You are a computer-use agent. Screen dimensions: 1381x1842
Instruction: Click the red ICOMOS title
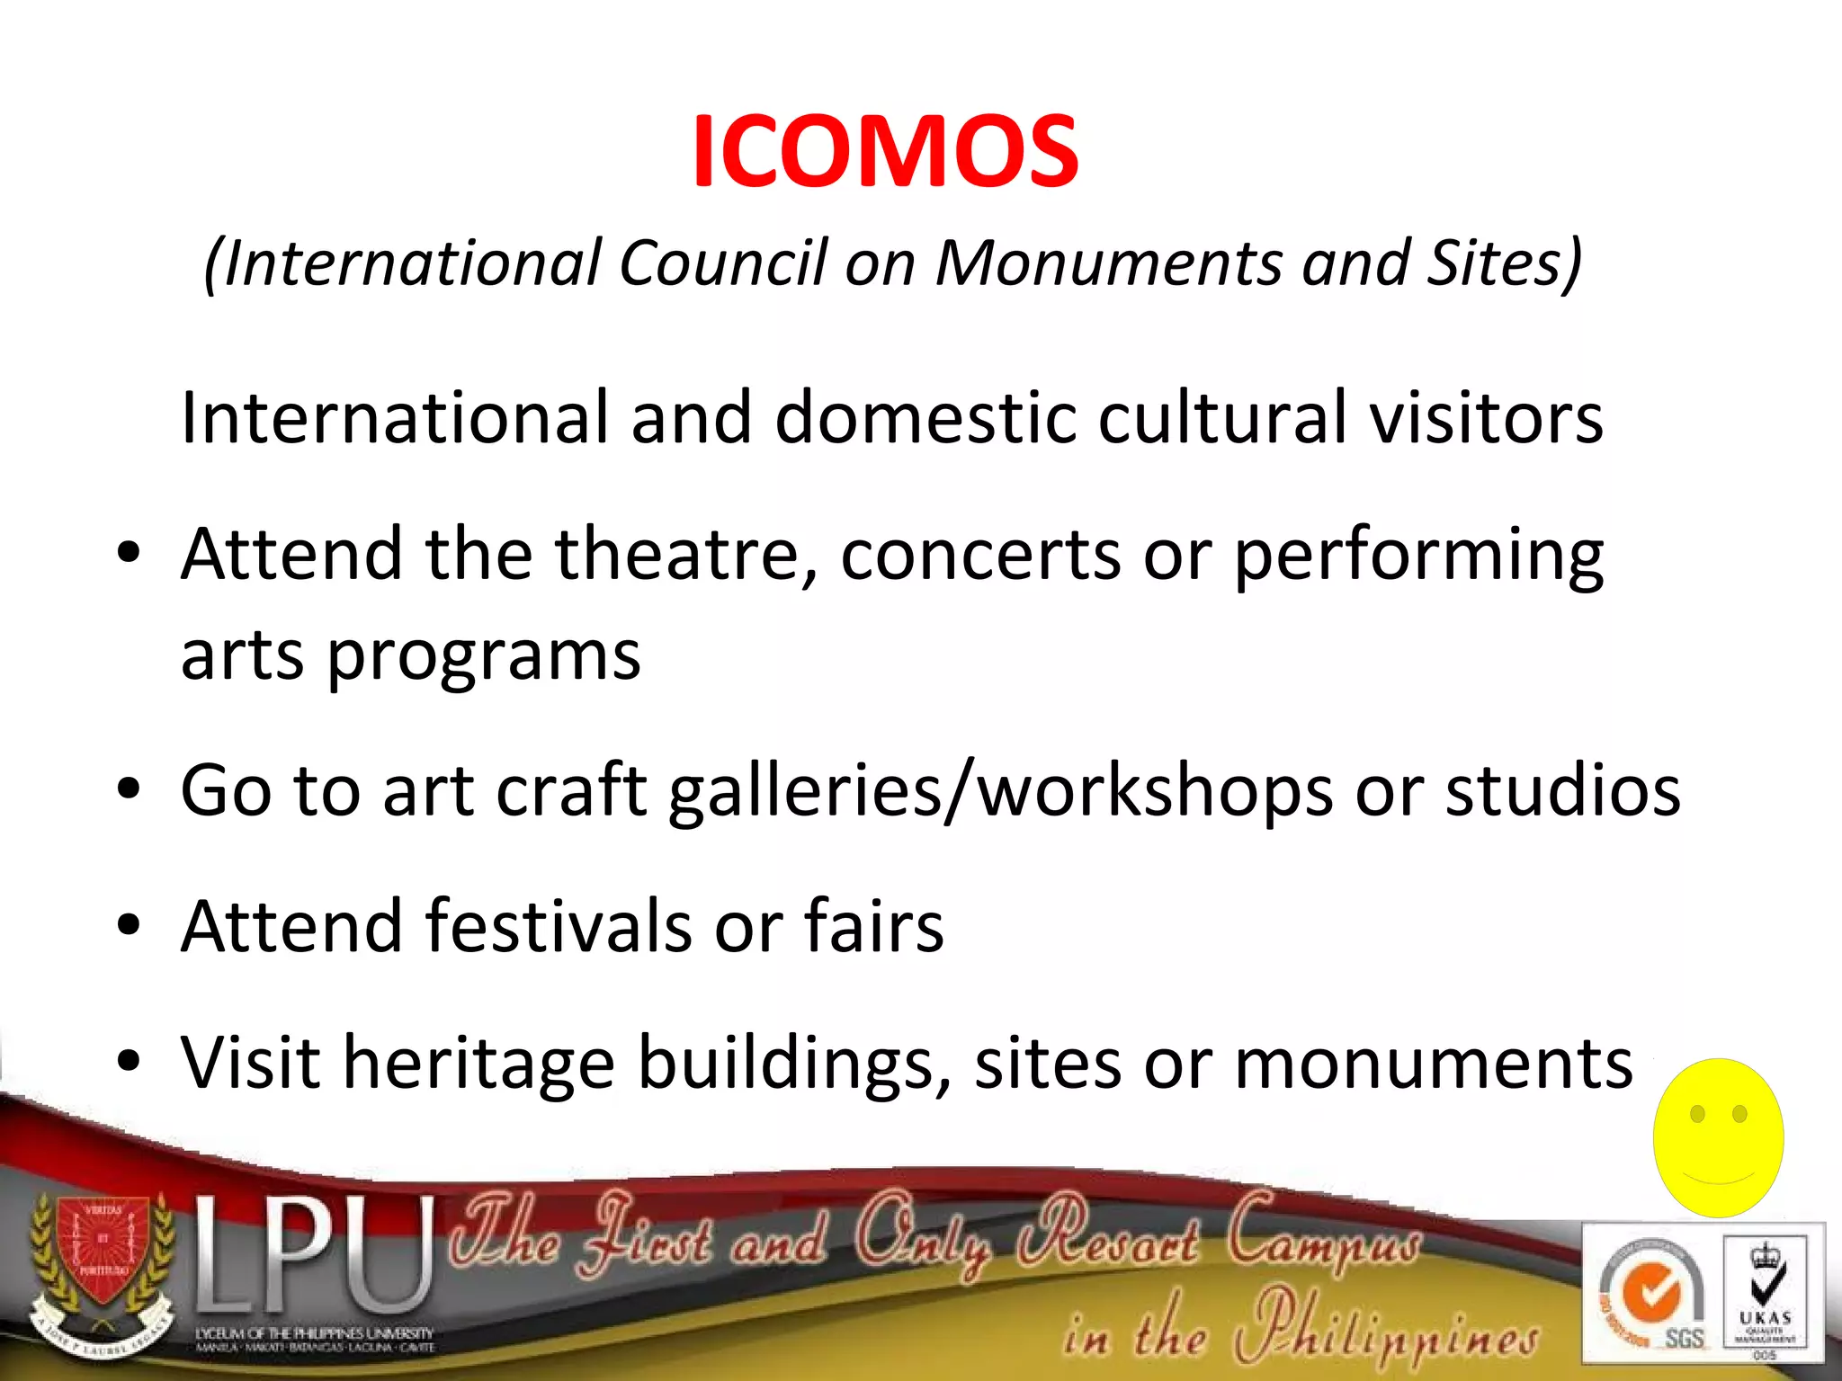point(885,151)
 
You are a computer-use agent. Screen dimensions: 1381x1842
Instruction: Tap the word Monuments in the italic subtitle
point(1107,263)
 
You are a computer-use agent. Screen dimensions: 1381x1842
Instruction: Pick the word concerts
point(980,556)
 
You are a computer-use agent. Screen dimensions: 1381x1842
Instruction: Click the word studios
point(1562,789)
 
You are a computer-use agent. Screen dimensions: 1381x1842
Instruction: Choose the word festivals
point(559,926)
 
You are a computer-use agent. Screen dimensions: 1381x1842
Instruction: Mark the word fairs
point(873,926)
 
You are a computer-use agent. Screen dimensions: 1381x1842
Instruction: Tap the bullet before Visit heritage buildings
point(129,1062)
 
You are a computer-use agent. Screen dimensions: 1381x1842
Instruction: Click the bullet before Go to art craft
point(129,789)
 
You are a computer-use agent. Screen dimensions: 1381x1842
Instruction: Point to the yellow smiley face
point(1718,1137)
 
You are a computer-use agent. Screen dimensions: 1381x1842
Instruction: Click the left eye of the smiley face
point(1697,1114)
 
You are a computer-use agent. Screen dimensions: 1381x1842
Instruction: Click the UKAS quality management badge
point(1765,1295)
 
